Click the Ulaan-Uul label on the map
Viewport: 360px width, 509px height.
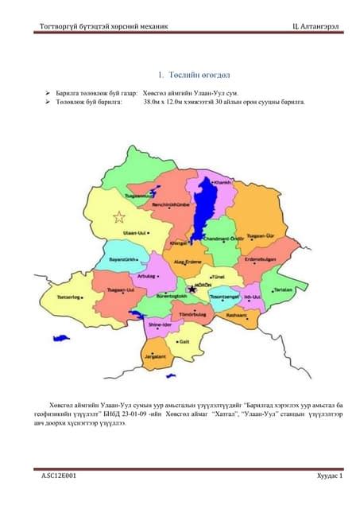(x=136, y=233)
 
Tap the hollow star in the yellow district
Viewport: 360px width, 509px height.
(x=120, y=216)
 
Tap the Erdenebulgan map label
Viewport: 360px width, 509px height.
(x=260, y=258)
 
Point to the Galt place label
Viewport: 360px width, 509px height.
(x=184, y=341)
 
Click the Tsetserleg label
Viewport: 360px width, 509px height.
(x=70, y=297)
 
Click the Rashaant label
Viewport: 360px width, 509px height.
(x=238, y=316)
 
